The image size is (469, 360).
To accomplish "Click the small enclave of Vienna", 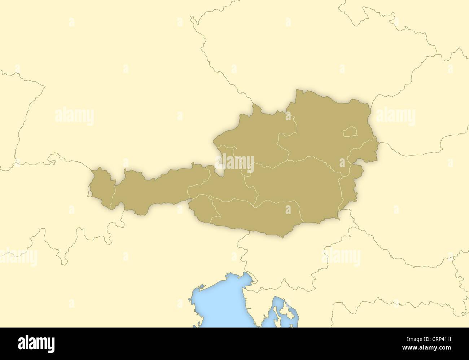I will point(350,132).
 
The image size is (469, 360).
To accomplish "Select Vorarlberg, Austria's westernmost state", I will point(101,188).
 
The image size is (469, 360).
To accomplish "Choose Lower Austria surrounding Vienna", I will point(325,123).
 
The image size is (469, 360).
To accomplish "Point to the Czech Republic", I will point(307,54).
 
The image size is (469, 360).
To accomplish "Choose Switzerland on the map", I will point(54,202).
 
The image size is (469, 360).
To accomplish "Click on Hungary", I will point(415,202).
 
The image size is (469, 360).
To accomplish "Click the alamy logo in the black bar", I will point(36,343).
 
